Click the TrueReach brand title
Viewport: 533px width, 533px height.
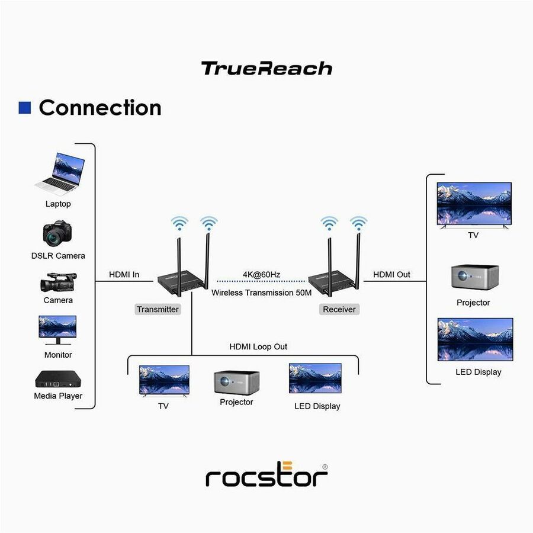pos(266,69)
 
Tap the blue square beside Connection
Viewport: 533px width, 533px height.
pos(25,107)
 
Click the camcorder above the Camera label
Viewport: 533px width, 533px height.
pos(57,282)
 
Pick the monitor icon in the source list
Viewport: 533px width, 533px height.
pos(57,330)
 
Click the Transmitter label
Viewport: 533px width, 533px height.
pos(158,309)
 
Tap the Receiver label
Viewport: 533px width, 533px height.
pos(339,309)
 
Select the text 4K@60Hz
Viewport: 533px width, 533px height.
pos(261,274)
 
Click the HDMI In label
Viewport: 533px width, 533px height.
pos(124,274)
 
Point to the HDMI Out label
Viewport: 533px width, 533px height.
pos(391,275)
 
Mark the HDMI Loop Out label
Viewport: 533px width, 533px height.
pos(258,346)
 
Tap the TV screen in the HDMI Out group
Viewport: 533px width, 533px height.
pos(474,204)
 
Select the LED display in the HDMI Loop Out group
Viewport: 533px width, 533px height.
pos(315,378)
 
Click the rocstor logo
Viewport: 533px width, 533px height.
pos(266,474)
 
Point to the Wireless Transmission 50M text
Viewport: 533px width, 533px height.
pos(261,293)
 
